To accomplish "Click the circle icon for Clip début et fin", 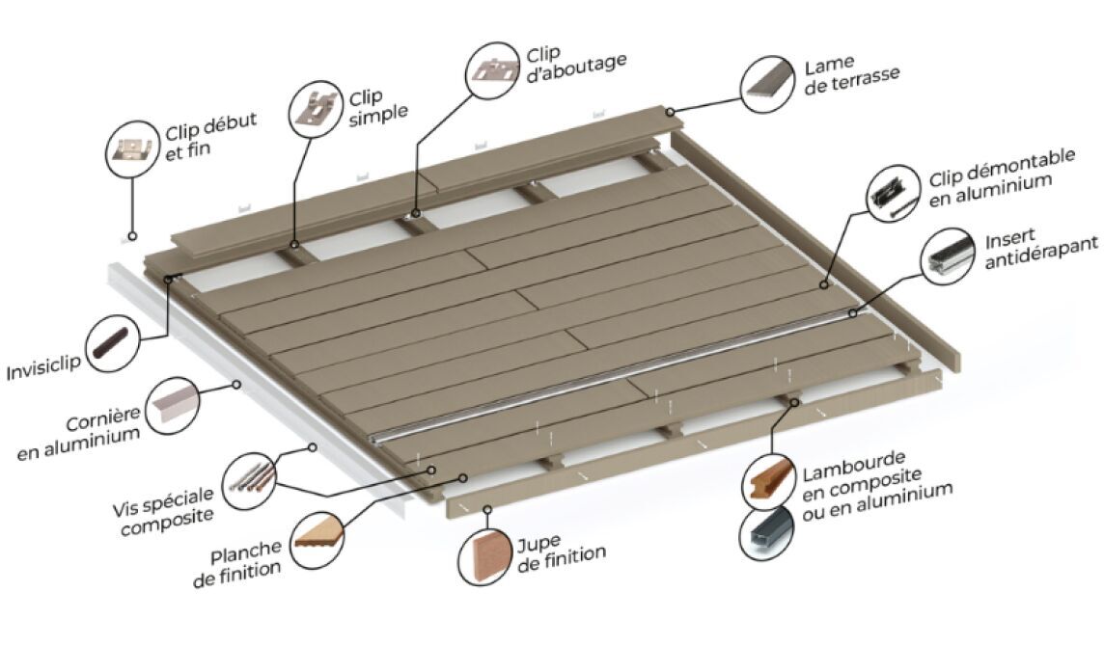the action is tap(132, 148).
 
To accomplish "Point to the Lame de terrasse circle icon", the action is tap(768, 85).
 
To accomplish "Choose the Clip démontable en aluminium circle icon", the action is tap(894, 193).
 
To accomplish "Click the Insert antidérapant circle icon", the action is tap(949, 256).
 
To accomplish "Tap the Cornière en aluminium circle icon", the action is tap(172, 406).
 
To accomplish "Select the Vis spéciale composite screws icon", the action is tap(250, 480).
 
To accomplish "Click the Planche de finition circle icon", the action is tap(318, 540).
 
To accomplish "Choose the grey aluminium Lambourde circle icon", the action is tap(767, 534).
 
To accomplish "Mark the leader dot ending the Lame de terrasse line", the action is tap(671, 111).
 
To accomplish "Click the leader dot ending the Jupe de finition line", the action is tap(486, 508).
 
